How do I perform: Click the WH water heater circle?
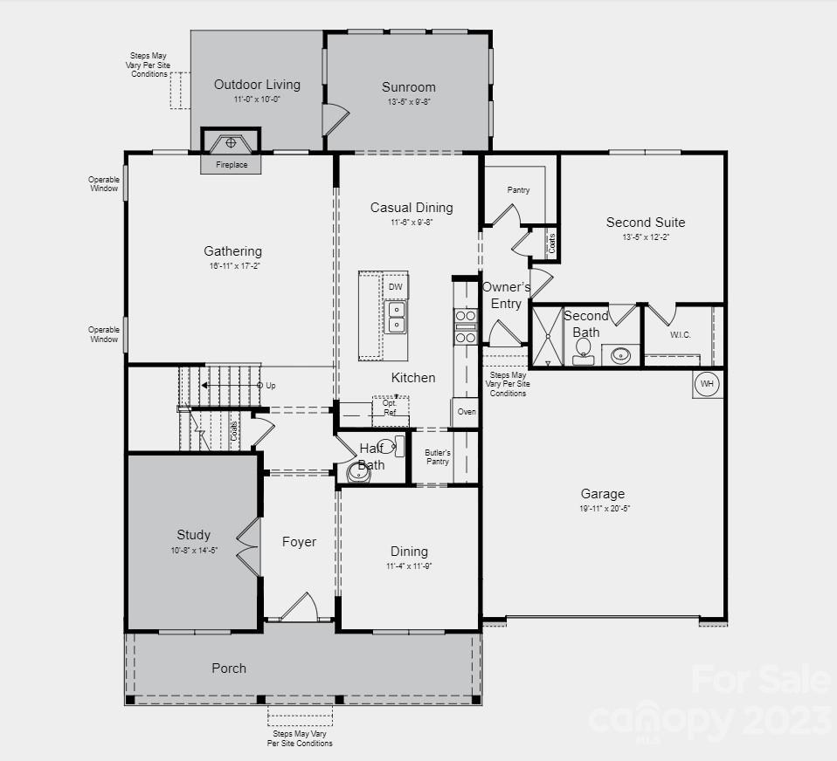(x=707, y=383)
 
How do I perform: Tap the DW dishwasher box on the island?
(x=396, y=286)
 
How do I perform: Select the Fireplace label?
(x=232, y=164)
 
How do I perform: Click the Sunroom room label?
(x=408, y=87)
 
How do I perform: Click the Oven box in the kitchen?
(x=467, y=412)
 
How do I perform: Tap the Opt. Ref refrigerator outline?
(x=390, y=408)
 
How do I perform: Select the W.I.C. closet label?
(x=681, y=333)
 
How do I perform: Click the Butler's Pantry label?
(x=438, y=456)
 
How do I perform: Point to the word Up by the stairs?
(x=271, y=385)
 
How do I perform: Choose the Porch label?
(x=229, y=668)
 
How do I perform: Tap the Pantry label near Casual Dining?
(x=518, y=189)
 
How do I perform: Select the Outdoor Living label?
(x=257, y=85)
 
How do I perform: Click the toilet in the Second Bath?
(x=584, y=351)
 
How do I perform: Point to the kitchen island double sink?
(x=396, y=318)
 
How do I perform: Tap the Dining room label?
(x=409, y=552)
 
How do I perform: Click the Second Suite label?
(x=646, y=223)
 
